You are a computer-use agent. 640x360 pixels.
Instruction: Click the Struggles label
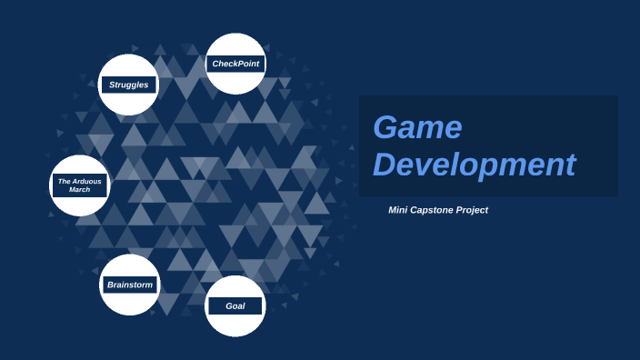tap(128, 85)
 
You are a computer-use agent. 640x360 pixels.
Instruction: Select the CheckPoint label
tap(235, 64)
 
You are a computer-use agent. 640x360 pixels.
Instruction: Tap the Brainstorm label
tap(129, 285)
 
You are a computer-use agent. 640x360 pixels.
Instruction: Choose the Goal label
tap(235, 306)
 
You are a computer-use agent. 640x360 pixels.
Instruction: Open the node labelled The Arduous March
tap(79, 185)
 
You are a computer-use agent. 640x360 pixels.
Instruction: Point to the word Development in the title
tap(474, 165)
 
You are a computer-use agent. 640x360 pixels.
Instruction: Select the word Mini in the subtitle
tap(398, 210)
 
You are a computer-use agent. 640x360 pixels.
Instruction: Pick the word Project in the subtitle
tap(473, 210)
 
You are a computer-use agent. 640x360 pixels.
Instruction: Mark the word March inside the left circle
tap(79, 190)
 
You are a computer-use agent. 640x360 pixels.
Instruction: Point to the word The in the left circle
tap(64, 181)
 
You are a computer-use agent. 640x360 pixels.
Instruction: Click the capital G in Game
tap(386, 127)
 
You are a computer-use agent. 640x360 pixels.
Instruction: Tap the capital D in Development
tap(385, 165)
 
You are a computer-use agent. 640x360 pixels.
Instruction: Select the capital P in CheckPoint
tap(240, 64)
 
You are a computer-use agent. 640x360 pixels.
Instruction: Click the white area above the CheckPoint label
tap(235, 45)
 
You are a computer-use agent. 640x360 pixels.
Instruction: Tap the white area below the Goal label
tap(235, 325)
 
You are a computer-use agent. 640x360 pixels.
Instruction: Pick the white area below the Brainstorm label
tap(129, 304)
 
